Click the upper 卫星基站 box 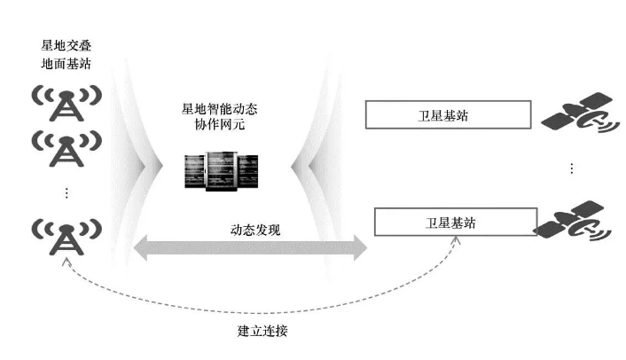(448, 114)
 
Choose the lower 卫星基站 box (454, 221)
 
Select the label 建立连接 (262, 331)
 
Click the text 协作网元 (220, 126)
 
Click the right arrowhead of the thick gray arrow (358, 247)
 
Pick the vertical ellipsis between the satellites (572, 168)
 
